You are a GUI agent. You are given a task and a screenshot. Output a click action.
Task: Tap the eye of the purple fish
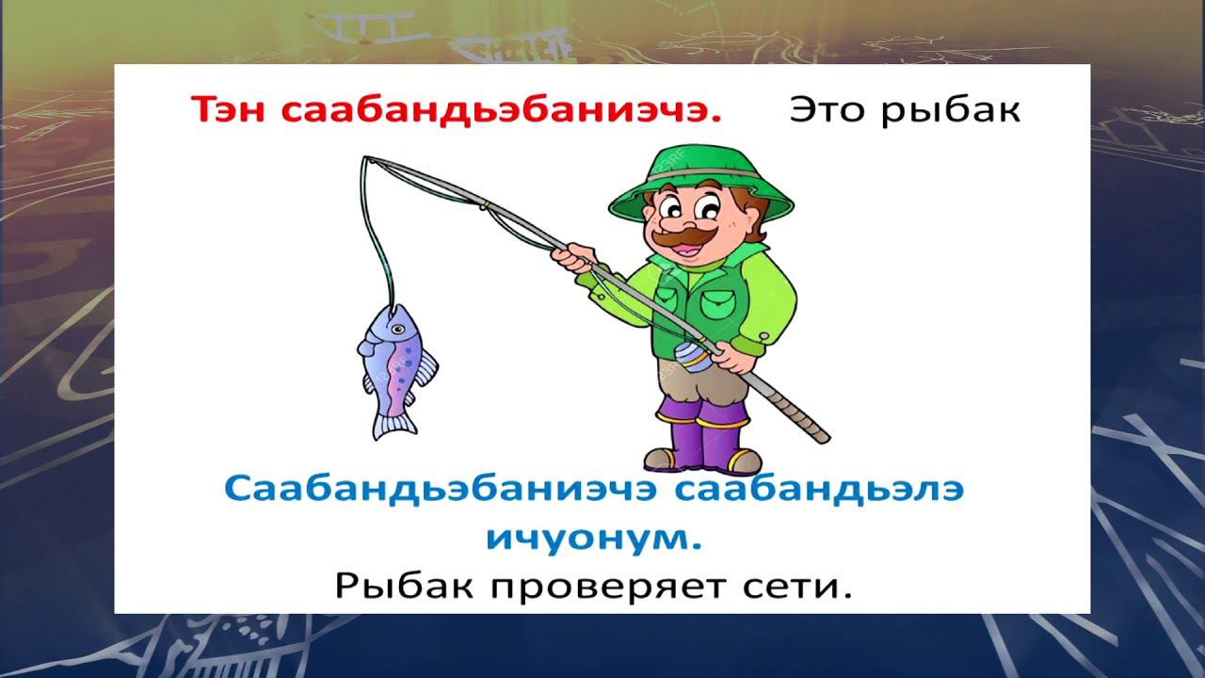[397, 330]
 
